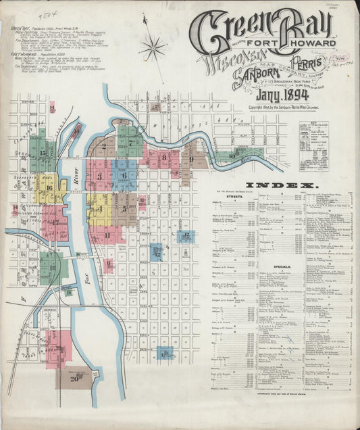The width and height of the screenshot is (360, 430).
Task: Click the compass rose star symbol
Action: (154, 48)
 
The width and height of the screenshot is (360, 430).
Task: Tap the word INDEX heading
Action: (280, 185)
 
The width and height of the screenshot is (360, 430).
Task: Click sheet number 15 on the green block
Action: (43, 153)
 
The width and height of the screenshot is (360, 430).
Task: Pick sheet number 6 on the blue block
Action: (124, 175)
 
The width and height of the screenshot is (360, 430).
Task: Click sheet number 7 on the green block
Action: (132, 143)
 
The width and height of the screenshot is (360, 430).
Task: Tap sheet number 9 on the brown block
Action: (192, 159)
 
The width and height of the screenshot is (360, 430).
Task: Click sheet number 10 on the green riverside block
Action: (232, 156)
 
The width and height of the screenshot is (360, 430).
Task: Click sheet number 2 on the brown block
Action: (104, 145)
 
